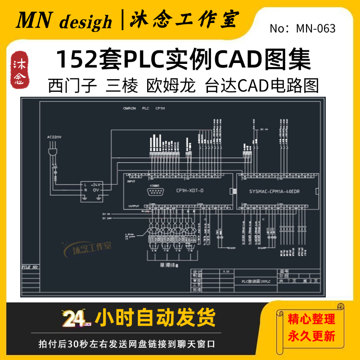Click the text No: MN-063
(x=302, y=29)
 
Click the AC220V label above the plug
(x=54, y=136)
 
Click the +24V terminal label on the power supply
(x=96, y=184)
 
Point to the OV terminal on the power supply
(x=96, y=190)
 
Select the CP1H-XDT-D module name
(x=189, y=191)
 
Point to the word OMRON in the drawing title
(x=130, y=109)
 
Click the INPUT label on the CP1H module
(x=131, y=182)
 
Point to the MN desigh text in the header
(x=64, y=21)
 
